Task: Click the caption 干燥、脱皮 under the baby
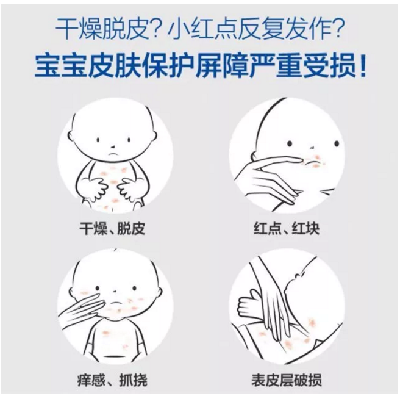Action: pyautogui.click(x=112, y=229)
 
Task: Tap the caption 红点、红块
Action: pyautogui.click(x=286, y=229)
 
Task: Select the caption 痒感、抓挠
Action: pyautogui.click(x=112, y=380)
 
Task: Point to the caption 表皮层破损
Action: pyautogui.click(x=287, y=380)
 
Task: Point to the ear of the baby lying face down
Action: pyautogui.click(x=298, y=276)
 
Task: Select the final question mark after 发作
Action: pyautogui.click(x=337, y=29)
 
